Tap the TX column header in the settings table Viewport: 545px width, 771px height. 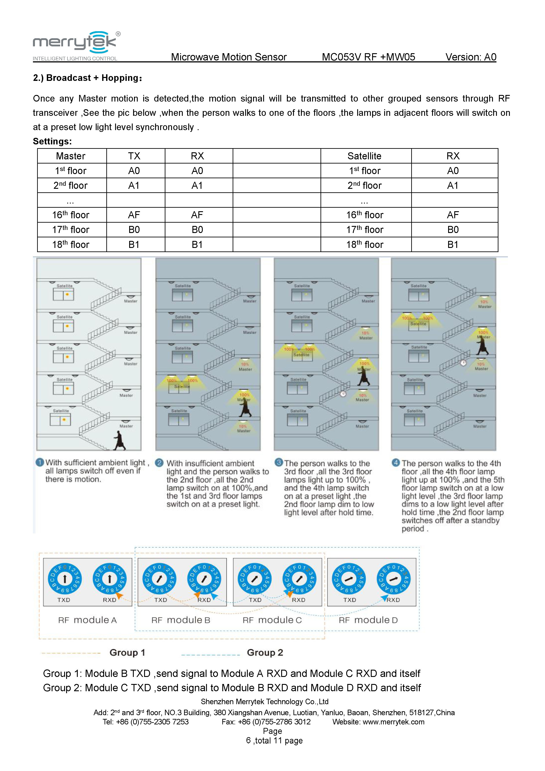134,156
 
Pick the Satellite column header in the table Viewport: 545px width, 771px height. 364,156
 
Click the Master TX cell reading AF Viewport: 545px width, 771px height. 134,215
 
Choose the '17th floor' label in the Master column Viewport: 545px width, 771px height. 71,230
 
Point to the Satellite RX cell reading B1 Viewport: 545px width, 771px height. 453,244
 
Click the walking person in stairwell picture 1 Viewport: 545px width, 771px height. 120,440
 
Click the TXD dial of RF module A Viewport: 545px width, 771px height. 65,579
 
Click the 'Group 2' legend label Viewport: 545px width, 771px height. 265,653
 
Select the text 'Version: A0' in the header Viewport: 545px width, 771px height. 471,57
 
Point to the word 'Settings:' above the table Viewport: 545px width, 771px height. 52,141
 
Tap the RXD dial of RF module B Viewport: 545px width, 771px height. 204,579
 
